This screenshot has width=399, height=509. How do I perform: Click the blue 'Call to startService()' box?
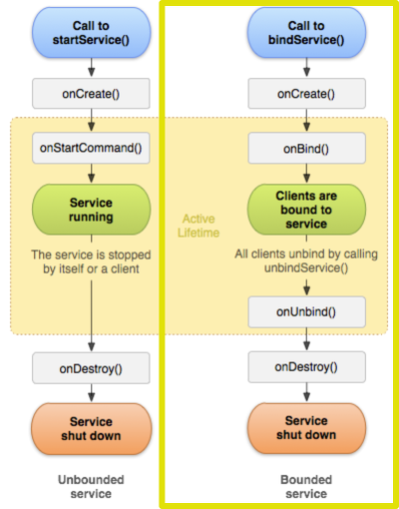click(92, 33)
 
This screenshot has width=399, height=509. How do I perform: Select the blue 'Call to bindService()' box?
click(306, 33)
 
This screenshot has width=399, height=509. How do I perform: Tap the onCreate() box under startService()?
click(91, 94)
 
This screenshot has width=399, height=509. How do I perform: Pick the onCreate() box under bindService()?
click(307, 94)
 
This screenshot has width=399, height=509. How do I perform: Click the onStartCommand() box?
click(91, 148)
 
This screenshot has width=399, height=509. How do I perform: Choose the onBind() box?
click(307, 148)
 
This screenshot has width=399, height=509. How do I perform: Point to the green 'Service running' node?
click(92, 210)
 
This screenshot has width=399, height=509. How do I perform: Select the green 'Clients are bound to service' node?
click(306, 210)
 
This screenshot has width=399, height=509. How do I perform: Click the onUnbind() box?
click(307, 312)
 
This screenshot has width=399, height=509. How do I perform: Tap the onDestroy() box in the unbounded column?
click(91, 368)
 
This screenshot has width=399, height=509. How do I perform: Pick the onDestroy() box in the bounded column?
click(307, 367)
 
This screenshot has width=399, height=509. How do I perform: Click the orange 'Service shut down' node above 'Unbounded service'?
click(92, 429)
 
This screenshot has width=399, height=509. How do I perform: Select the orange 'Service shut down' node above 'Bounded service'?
click(306, 428)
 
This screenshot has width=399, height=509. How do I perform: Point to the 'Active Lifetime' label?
click(199, 226)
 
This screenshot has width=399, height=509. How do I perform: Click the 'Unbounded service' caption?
click(91, 486)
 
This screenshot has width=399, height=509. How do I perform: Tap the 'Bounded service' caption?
click(306, 486)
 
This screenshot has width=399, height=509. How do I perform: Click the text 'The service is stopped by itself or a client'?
click(91, 261)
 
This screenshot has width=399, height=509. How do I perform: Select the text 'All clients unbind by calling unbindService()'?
click(306, 260)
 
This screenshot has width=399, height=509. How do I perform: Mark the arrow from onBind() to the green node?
click(307, 173)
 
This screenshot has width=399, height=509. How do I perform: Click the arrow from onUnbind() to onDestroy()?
click(307, 339)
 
